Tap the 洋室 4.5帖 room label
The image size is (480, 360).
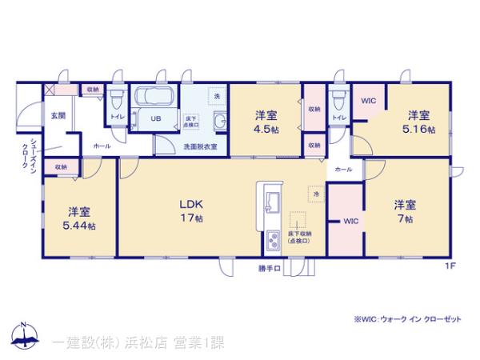(266, 122)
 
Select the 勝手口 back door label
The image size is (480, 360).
(270, 268)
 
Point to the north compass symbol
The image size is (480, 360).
(23, 337)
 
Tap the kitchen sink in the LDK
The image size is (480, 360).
(270, 200)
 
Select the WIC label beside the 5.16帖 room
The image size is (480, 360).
(368, 101)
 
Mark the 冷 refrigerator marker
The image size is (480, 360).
(316, 194)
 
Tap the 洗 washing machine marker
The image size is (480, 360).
(215, 96)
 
